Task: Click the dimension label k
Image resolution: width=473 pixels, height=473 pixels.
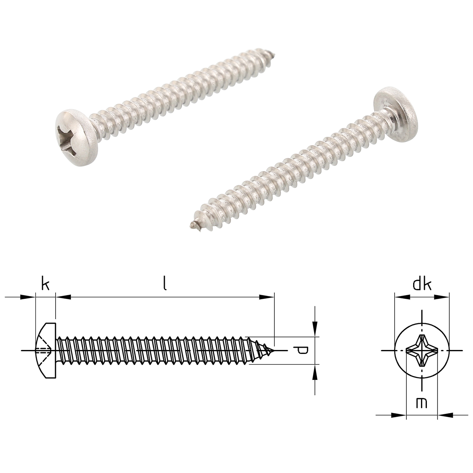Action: point(45,284)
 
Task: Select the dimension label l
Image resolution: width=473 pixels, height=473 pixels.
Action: point(165,284)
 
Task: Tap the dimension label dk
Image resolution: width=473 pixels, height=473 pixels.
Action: point(422,284)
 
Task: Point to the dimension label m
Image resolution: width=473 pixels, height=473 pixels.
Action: point(421,403)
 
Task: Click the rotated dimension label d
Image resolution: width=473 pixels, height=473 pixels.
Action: point(301,350)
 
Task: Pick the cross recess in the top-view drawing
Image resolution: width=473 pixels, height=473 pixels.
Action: point(422,350)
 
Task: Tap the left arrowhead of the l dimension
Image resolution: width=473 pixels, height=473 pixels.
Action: point(62,297)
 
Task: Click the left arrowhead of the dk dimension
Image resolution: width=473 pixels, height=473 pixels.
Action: point(400,297)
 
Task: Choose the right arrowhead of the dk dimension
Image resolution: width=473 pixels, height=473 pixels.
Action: point(443,297)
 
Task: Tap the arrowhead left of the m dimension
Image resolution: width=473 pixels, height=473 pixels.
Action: point(400,415)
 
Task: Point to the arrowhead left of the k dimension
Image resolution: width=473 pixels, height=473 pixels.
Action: point(29,297)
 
